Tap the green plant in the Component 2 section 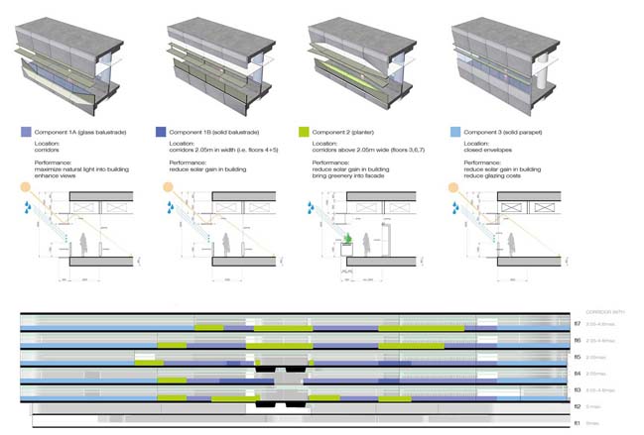pos(349,239)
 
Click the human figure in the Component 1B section pos(224,240)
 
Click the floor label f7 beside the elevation pos(577,324)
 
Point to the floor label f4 pos(577,373)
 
